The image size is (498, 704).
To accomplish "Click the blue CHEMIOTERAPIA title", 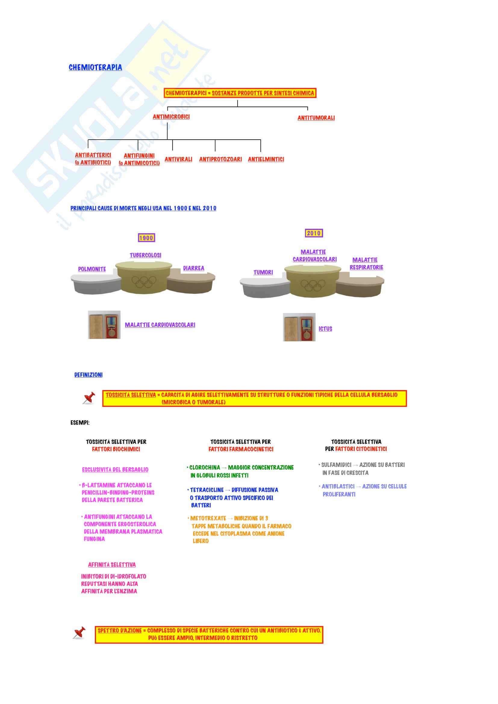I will click(95, 67).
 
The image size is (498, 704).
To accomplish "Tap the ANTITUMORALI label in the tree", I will click(316, 118).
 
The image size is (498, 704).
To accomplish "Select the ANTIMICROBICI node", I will click(171, 117).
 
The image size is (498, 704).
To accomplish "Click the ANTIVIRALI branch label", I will click(178, 160).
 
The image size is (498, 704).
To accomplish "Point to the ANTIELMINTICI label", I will click(266, 160).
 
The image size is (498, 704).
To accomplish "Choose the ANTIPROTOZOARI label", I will click(220, 160).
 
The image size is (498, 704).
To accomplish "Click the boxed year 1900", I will click(146, 238).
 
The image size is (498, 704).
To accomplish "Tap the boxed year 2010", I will click(314, 233).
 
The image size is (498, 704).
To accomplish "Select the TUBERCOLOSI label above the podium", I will click(145, 256).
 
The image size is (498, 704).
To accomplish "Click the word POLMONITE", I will click(92, 269).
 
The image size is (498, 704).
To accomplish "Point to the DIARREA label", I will click(194, 268).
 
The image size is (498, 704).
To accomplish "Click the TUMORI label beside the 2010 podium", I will click(263, 272).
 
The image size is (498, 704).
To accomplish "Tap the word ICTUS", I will click(325, 329).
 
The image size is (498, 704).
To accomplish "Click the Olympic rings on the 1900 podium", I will click(144, 282).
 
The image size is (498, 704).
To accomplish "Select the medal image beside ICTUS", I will click(299, 327).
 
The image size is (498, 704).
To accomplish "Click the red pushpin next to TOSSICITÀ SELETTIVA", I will click(89, 398).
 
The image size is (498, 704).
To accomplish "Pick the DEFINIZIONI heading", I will click(88, 375).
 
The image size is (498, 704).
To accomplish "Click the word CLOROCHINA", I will click(204, 468).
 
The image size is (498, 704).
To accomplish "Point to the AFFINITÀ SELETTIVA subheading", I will click(112, 565).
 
